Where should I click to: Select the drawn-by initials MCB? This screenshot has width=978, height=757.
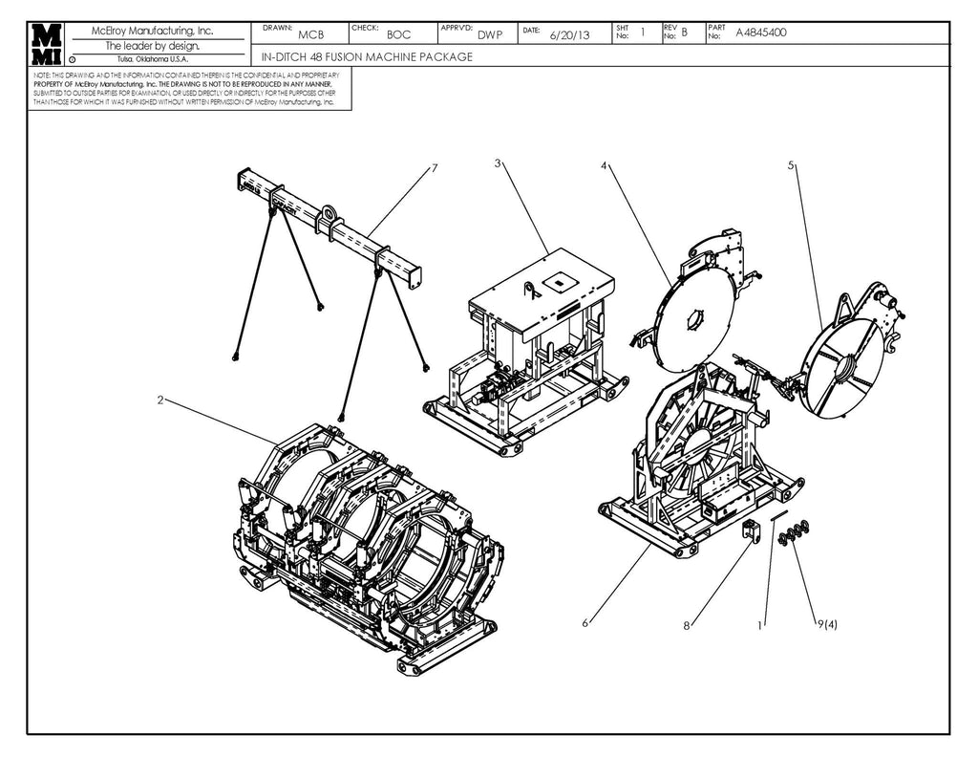(311, 34)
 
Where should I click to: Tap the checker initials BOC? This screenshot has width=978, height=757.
(399, 34)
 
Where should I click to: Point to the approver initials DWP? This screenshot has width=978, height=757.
(490, 34)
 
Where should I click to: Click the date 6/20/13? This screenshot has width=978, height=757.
(570, 34)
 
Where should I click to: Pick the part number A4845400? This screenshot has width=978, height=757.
(761, 32)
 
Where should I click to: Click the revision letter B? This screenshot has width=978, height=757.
(684, 32)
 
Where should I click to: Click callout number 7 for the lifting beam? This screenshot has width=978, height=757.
(434, 168)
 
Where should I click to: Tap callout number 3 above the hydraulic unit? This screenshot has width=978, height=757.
(498, 162)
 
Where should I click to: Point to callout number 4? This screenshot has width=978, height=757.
(604, 165)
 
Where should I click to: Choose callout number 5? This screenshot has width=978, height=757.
(790, 165)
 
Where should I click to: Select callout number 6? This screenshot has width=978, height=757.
(585, 623)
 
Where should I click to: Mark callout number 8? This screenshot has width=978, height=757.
(686, 626)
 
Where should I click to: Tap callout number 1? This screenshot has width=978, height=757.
(760, 626)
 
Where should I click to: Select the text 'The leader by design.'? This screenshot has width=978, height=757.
(153, 45)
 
